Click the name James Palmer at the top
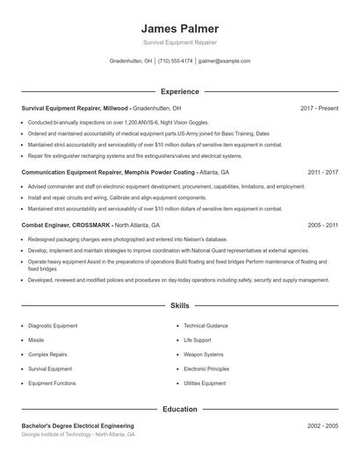tap(179, 28)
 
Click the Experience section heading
tap(179, 91)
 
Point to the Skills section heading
tap(179, 305)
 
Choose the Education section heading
tap(179, 409)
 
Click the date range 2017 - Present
tap(319, 108)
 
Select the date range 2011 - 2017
tap(322, 173)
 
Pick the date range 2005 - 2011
tap(322, 225)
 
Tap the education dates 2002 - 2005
tap(322, 426)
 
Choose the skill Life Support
tap(198, 340)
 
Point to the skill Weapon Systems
tap(203, 354)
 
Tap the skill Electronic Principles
tap(206, 369)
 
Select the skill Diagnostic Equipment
tap(53, 325)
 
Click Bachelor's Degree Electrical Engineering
tap(78, 426)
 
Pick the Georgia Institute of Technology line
tap(78, 435)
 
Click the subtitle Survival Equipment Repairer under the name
tap(179, 42)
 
